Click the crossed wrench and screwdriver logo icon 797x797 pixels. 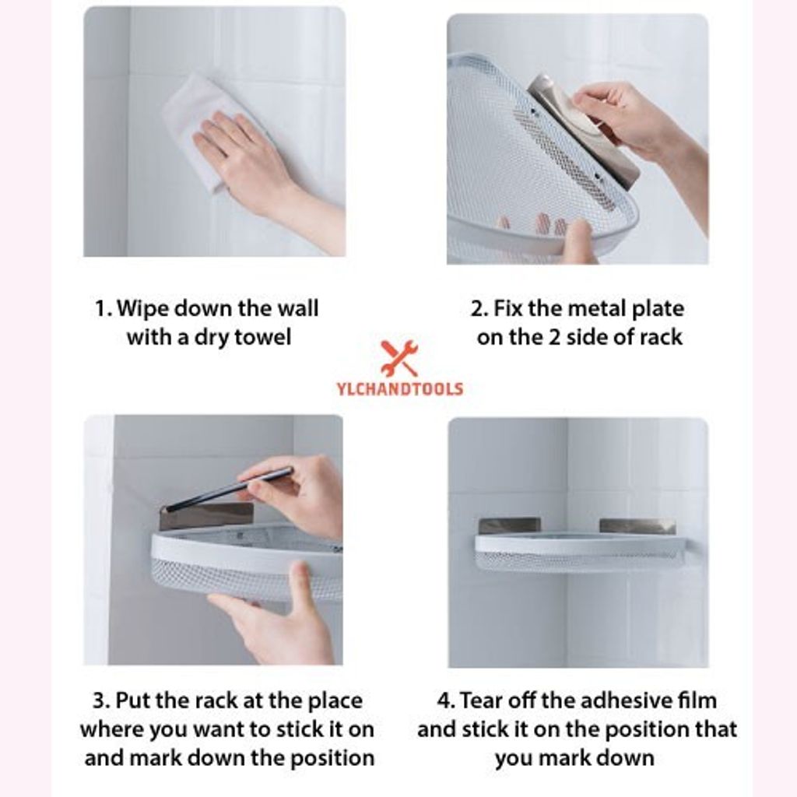pos(399,358)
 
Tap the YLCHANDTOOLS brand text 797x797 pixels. pos(399,389)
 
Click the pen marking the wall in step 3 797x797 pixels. pos(230,489)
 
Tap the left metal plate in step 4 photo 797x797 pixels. pos(509,526)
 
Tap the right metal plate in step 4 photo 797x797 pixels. pos(637,526)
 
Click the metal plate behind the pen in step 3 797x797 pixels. pos(206,515)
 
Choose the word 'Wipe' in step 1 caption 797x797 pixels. pos(144,309)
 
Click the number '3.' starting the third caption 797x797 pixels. pos(101,701)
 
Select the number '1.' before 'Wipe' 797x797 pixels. pos(104,309)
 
